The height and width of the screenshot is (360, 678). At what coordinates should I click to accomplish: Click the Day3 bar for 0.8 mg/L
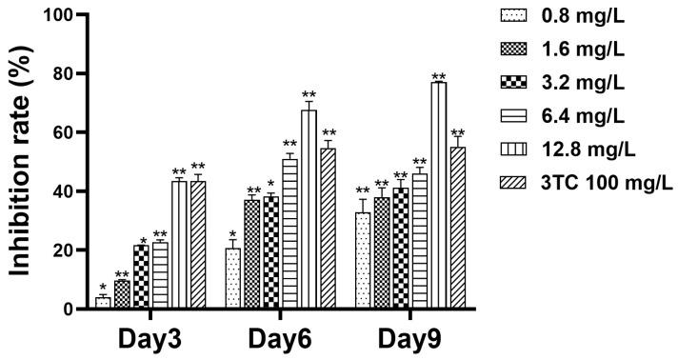pos(103,304)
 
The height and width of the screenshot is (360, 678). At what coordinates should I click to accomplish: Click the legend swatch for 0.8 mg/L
pos(514,15)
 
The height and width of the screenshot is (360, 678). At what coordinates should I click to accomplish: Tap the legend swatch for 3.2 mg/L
pos(514,82)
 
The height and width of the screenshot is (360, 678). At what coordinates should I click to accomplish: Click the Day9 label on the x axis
pos(409,339)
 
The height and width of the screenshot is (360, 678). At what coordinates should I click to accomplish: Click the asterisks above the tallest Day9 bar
pos(438,77)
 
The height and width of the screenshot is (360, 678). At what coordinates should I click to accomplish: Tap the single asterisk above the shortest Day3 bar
pos(103,288)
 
